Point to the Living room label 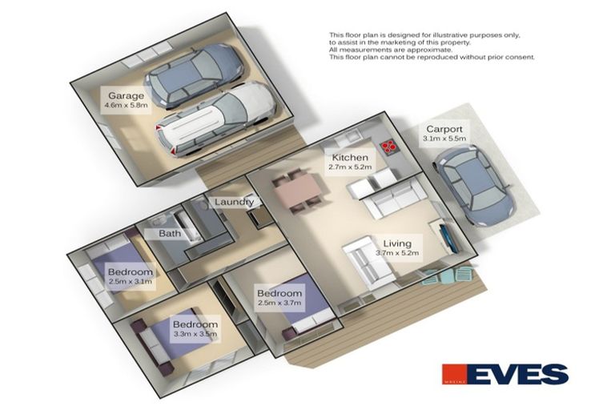[x=397, y=243]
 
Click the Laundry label [x=234, y=202]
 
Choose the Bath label [x=169, y=235]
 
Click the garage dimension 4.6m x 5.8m [x=127, y=105]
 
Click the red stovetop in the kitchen [x=389, y=147]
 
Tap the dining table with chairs [x=296, y=191]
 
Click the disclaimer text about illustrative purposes [x=432, y=46]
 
